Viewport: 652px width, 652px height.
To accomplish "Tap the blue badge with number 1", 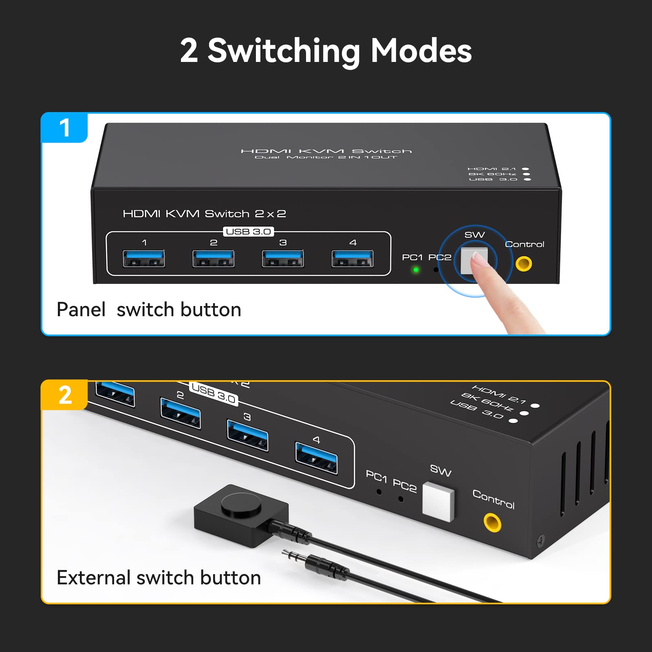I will [64, 128].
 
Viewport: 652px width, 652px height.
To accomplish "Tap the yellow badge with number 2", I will [65, 395].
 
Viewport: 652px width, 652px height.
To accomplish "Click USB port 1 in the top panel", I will [144, 258].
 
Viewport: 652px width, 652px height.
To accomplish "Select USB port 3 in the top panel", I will [283, 258].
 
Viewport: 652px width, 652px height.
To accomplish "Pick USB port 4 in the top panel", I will [352, 258].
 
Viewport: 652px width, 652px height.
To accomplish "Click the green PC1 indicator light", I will [416, 270].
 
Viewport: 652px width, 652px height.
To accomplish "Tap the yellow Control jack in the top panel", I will [524, 264].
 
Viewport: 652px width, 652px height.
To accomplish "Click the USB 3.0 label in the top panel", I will [249, 231].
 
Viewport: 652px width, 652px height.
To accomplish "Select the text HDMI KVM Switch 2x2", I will [204, 214].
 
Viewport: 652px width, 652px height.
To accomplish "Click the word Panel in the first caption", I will [81, 310].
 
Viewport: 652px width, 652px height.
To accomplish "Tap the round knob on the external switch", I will [241, 504].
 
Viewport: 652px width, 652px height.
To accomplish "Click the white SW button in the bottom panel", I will [438, 502].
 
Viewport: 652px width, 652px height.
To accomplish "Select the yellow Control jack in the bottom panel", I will [492, 522].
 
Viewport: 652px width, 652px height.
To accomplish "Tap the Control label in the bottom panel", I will [493, 499].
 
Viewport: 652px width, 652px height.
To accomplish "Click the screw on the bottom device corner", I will [541, 541].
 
